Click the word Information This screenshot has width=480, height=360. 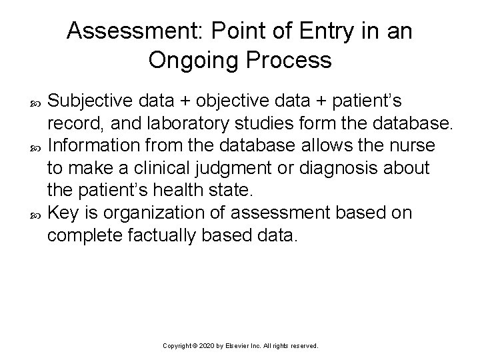point(91,145)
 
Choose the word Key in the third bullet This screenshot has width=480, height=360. point(63,213)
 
